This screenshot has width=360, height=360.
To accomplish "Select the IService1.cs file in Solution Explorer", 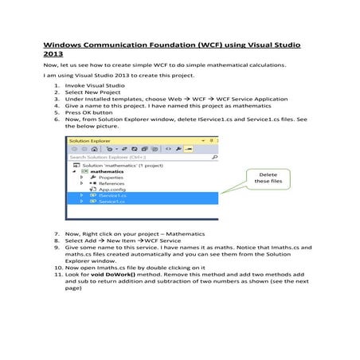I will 107,195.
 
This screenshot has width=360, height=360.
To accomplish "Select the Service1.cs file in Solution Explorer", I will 105,202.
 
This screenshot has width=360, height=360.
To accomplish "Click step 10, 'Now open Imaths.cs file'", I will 135,266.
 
